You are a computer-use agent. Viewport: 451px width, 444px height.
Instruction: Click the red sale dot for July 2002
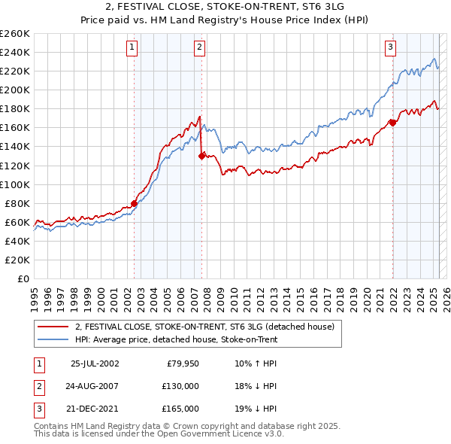click(135, 202)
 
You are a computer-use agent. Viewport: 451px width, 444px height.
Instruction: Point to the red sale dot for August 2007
click(201, 156)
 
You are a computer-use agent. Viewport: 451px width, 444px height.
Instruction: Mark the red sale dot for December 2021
click(392, 123)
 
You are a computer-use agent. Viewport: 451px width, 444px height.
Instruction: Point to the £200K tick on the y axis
click(15, 90)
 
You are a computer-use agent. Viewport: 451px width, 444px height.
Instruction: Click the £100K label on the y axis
click(15, 184)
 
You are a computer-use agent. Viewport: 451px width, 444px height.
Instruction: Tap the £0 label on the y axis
click(24, 278)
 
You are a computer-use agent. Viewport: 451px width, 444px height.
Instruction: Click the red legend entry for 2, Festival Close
click(209, 327)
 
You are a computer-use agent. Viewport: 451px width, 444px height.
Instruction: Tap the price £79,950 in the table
click(183, 364)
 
